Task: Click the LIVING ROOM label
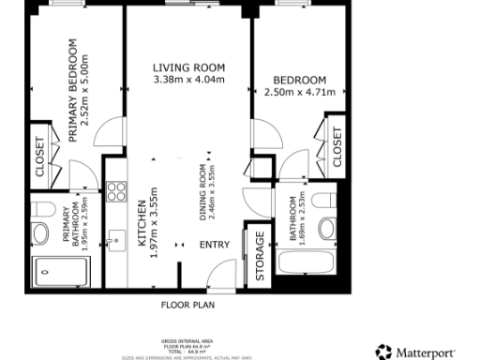coord(190,67)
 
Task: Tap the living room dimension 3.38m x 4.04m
coord(190,80)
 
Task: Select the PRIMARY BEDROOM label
coord(73,91)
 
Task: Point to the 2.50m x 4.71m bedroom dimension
coord(300,92)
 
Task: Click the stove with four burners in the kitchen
coord(117,192)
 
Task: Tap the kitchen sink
coord(116,239)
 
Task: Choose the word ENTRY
coord(215,246)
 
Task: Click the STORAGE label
coord(261,256)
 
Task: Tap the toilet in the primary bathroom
coord(41,232)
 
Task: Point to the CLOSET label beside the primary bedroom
coord(39,157)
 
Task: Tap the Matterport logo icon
coord(382,352)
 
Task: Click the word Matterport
coord(427,352)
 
